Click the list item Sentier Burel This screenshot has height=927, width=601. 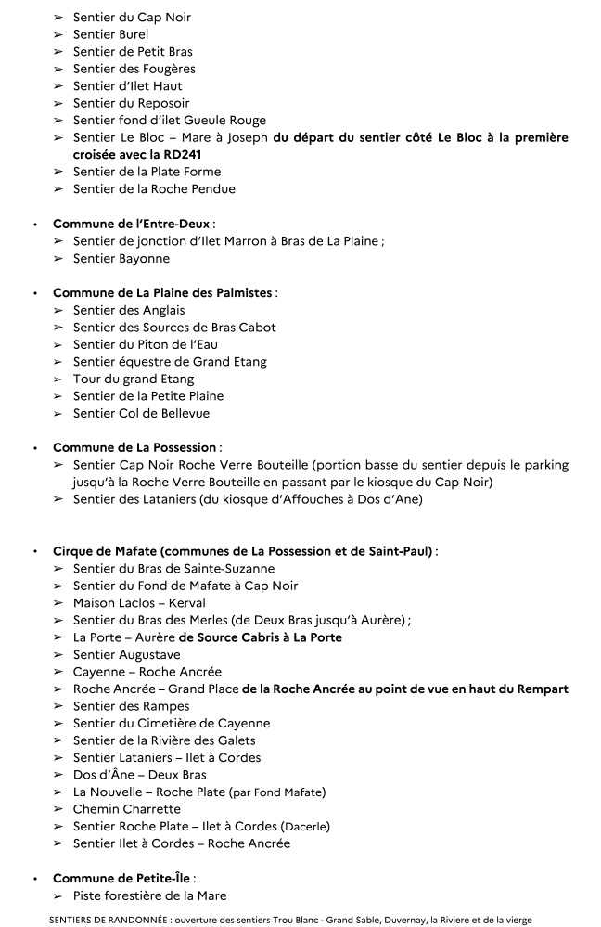(x=110, y=34)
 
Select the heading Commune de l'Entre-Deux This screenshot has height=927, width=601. (x=133, y=224)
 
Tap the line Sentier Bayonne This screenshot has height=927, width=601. (x=121, y=259)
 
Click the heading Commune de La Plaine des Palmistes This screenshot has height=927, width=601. (x=163, y=292)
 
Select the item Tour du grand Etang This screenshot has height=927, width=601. (x=134, y=379)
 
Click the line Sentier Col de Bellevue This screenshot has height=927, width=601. (x=141, y=413)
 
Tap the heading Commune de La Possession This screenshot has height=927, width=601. (x=134, y=447)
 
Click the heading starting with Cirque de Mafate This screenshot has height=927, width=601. (x=243, y=551)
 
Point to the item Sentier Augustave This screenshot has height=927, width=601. (x=127, y=654)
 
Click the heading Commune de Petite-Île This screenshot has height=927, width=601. (x=122, y=878)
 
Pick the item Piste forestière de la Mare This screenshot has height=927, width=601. (x=149, y=895)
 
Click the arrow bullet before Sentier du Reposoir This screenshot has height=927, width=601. (x=59, y=103)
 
